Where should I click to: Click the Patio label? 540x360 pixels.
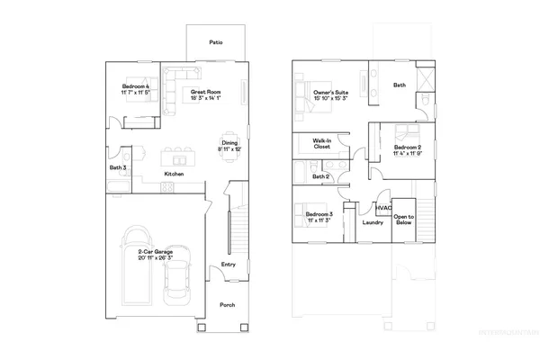pos(216,42)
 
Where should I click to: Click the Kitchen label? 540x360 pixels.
pos(174,174)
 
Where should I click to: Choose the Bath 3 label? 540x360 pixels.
pos(118,167)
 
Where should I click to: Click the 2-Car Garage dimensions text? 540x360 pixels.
pos(156,258)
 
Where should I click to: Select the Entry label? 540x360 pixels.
pos(229,264)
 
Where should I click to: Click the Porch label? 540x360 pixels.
pos(229,305)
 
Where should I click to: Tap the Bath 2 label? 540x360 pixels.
pos(320,176)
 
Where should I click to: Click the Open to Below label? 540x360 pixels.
pos(403,220)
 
